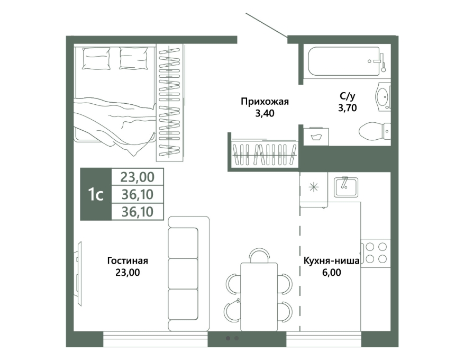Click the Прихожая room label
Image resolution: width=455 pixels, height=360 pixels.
click(265, 102)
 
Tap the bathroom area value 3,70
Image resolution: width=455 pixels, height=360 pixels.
click(348, 108)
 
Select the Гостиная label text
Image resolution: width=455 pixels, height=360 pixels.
click(128, 260)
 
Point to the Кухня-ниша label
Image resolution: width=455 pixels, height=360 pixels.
click(331, 260)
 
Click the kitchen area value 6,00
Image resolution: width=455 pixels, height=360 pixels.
click(331, 272)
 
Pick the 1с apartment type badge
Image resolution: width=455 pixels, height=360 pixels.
click(96, 194)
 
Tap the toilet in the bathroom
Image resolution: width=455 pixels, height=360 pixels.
click(375, 131)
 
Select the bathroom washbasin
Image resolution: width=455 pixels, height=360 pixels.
click(383, 96)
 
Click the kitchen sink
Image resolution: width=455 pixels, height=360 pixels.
click(346, 187)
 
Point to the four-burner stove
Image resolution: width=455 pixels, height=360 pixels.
click(376, 253)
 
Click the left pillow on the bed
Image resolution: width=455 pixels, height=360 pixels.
click(96, 58)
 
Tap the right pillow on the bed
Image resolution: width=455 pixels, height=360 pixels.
click(133, 58)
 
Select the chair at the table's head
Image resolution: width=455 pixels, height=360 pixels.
click(259, 255)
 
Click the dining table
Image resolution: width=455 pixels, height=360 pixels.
click(259, 296)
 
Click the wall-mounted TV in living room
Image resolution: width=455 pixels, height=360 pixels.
click(78, 274)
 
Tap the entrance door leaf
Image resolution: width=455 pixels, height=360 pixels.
click(266, 25)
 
